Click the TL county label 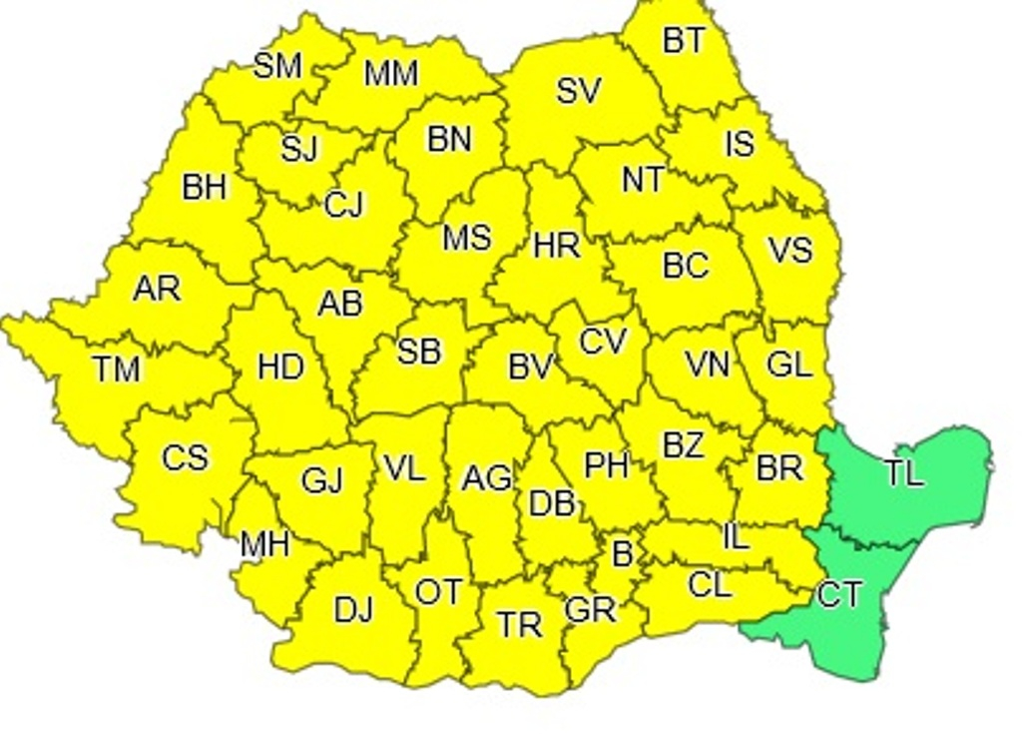pyautogui.click(x=904, y=473)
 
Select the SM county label pyautogui.click(x=277, y=66)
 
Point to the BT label pyautogui.click(x=684, y=41)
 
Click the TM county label pyautogui.click(x=117, y=369)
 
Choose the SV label pyautogui.click(x=578, y=92)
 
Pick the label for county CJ pyautogui.click(x=344, y=206)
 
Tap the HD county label pyautogui.click(x=280, y=367)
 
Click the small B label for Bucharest pyautogui.click(x=622, y=553)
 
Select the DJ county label pyautogui.click(x=353, y=608)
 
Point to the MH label pyautogui.click(x=264, y=544)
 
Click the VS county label pyautogui.click(x=789, y=250)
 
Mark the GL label pyautogui.click(x=788, y=365)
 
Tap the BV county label pyautogui.click(x=530, y=367)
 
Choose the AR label pyautogui.click(x=157, y=289)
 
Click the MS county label pyautogui.click(x=466, y=238)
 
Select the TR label pyautogui.click(x=520, y=625)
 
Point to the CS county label pyautogui.click(x=185, y=457)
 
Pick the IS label pyautogui.click(x=739, y=144)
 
